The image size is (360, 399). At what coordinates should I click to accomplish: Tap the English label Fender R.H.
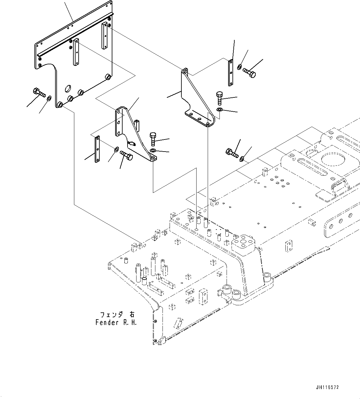[115, 323]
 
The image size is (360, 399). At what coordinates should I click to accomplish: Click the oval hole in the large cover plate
[67, 89]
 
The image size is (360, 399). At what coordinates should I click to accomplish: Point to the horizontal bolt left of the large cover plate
[39, 92]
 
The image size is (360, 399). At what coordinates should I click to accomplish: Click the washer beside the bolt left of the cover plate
[49, 98]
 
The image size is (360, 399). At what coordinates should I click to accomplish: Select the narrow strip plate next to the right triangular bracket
[231, 73]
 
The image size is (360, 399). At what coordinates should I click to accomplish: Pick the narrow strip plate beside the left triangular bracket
[97, 149]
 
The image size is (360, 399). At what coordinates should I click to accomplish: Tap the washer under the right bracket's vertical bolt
[219, 110]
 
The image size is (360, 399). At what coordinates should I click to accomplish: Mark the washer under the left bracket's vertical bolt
[153, 151]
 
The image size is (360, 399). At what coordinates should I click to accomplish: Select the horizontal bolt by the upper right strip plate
[249, 72]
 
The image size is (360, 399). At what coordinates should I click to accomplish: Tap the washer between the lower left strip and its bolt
[115, 149]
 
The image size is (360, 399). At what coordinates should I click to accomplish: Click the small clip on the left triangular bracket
[131, 143]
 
